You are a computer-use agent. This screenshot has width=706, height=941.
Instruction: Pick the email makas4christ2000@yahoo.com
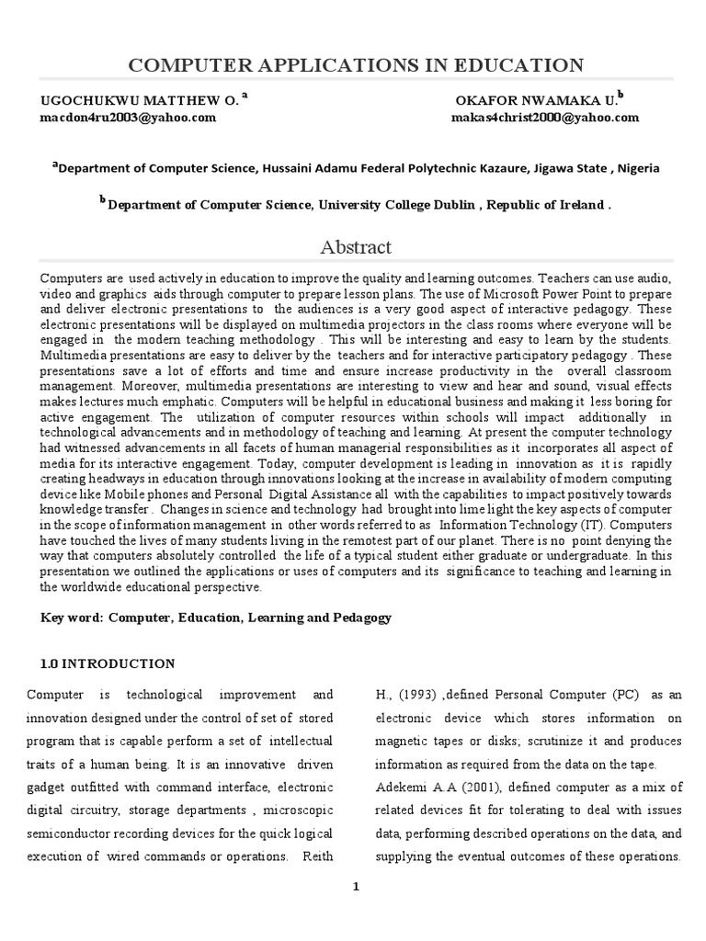click(545, 118)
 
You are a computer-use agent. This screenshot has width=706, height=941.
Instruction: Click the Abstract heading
click(355, 247)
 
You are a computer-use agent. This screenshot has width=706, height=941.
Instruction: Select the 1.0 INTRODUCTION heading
click(108, 663)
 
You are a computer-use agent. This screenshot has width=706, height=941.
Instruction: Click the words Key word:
click(71, 618)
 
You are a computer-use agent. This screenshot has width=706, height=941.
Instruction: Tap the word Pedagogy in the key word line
click(360, 618)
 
